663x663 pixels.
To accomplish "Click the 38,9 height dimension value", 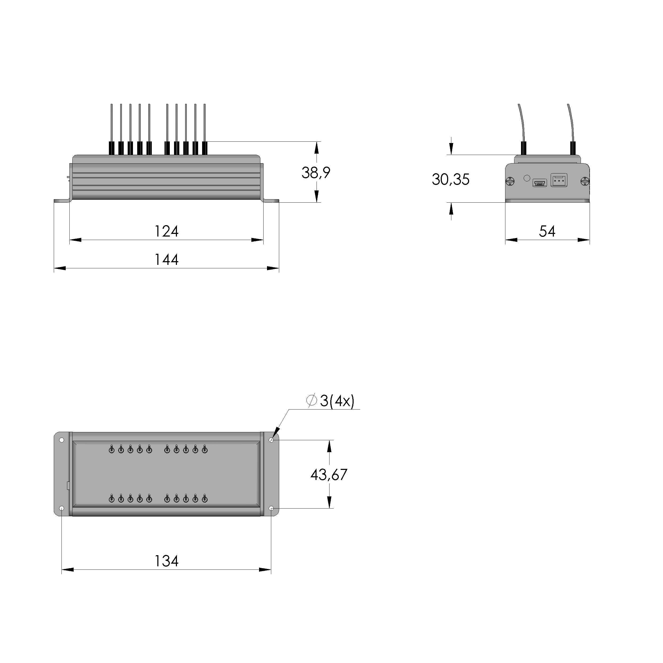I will pyautogui.click(x=315, y=173).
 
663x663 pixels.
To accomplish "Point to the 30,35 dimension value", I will pyautogui.click(x=450, y=180).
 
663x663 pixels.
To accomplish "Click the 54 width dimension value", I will pyautogui.click(x=547, y=231).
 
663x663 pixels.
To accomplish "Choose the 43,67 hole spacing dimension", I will pyautogui.click(x=328, y=475).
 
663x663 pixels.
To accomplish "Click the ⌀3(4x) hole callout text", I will pyautogui.click(x=330, y=401).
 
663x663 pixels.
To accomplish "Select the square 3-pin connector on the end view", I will pyautogui.click(x=559, y=180).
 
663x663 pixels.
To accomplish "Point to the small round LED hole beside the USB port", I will pyautogui.click(x=526, y=178).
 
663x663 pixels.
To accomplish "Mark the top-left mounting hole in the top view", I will pyautogui.click(x=62, y=440).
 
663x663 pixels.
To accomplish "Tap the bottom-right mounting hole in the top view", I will pyautogui.click(x=271, y=508).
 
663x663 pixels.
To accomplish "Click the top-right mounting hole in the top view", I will pyautogui.click(x=271, y=440).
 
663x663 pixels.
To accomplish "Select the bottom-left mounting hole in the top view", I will pyautogui.click(x=62, y=508).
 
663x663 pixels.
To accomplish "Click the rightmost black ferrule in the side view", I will pyautogui.click(x=204, y=148).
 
